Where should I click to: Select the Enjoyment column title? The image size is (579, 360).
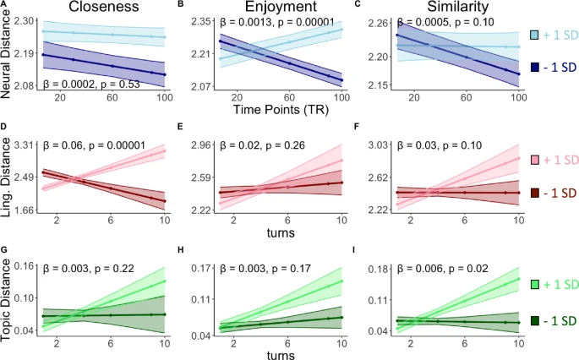coord(278,10)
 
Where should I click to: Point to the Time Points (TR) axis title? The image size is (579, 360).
coord(278,110)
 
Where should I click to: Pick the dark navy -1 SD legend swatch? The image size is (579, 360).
coord(535,65)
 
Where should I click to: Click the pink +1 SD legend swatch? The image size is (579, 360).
coord(535,159)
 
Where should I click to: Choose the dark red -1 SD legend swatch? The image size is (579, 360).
coord(535,193)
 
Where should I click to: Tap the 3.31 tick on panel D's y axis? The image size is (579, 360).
coord(25,146)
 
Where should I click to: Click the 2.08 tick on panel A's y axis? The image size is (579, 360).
coord(25,86)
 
